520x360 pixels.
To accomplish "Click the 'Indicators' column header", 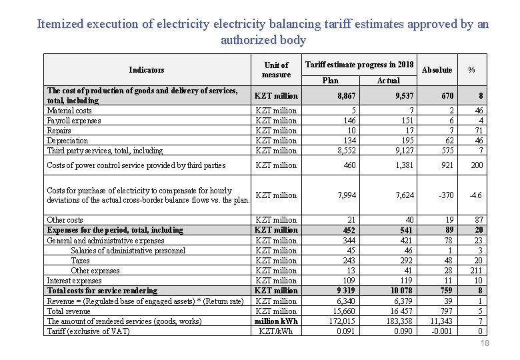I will (x=147, y=70).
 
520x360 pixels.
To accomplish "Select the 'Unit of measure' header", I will (x=276, y=70).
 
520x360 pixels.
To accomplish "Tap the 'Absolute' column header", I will (x=437, y=70).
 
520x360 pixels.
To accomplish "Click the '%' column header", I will (x=471, y=70).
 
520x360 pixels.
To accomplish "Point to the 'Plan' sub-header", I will (x=330, y=81).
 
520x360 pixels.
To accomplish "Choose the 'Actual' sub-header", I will (x=388, y=81).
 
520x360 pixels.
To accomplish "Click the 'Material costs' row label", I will (x=69, y=111).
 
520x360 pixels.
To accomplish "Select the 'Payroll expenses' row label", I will (x=74, y=121).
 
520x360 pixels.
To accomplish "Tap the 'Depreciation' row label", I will (x=67, y=141).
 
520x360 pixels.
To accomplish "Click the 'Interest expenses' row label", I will (x=74, y=281).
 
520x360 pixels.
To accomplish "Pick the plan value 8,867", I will (x=346, y=96).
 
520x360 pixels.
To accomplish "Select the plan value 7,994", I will (x=346, y=195).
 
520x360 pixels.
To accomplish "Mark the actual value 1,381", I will (x=405, y=165).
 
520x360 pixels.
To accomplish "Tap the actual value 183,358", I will (x=400, y=321).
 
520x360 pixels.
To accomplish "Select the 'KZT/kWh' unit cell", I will (x=276, y=331).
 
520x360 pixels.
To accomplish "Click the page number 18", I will (x=485, y=343).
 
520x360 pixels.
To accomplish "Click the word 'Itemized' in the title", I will (x=62, y=24).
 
